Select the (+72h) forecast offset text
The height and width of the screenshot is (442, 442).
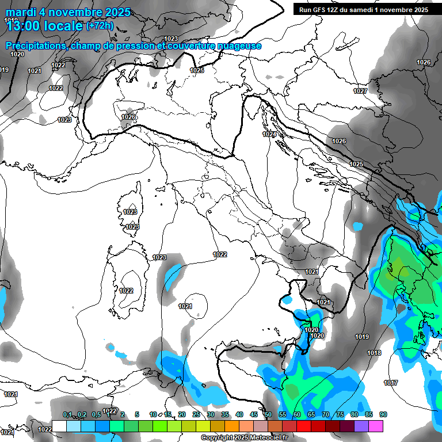100,25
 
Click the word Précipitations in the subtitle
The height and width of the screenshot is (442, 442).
36,46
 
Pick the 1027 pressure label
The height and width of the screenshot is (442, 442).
360,91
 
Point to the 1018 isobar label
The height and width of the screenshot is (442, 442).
374,353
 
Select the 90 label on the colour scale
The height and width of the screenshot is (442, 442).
383,414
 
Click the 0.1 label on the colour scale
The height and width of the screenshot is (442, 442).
67,414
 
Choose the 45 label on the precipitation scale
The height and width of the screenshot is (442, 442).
254,414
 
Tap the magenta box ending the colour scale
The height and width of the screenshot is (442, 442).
376,426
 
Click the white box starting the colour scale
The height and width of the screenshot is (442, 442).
59,426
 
